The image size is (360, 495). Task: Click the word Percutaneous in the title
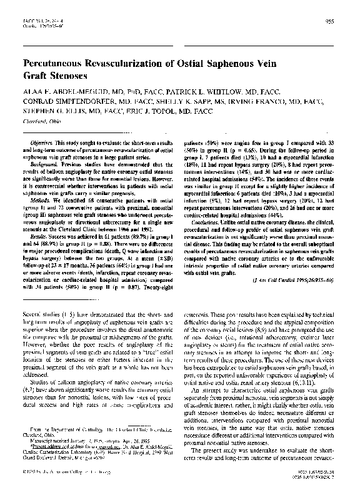pyautogui.click(x=54, y=63)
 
